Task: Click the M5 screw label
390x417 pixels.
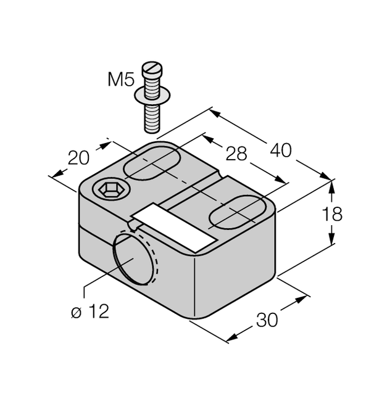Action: click(x=120, y=80)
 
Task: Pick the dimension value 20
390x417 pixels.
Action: click(x=79, y=159)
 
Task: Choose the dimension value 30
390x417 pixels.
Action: click(x=267, y=320)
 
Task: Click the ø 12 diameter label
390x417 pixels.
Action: click(x=89, y=312)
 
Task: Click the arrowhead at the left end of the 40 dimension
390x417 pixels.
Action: click(x=214, y=113)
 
